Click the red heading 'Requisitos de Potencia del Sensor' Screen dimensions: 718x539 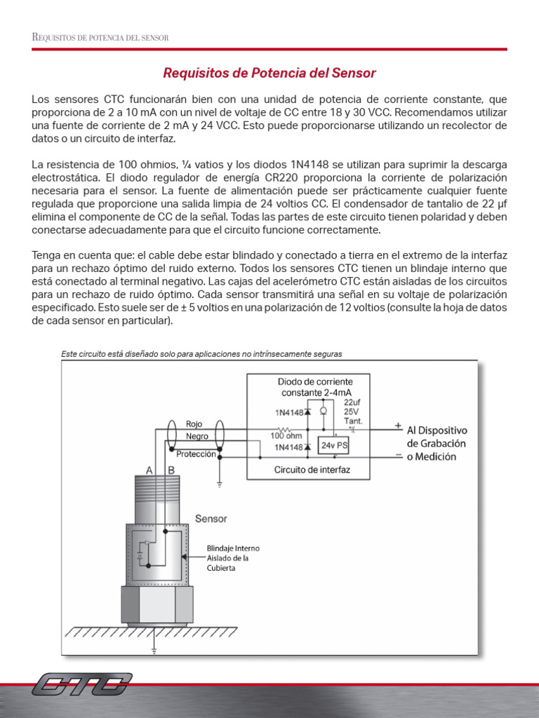click(269, 73)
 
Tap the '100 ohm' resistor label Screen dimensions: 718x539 click(286, 435)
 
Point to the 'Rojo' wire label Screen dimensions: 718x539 click(194, 424)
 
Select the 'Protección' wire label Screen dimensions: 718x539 click(196, 454)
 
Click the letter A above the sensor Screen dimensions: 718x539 click(149, 469)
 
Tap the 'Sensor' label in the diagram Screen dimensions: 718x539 click(211, 519)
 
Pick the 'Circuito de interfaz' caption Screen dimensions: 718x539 click(312, 470)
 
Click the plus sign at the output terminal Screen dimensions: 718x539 click(397, 426)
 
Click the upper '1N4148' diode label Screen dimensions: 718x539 click(288, 413)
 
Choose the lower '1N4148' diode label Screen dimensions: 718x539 click(288, 447)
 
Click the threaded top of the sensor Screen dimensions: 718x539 click(154, 498)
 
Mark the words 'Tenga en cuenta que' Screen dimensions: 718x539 click(77, 255)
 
